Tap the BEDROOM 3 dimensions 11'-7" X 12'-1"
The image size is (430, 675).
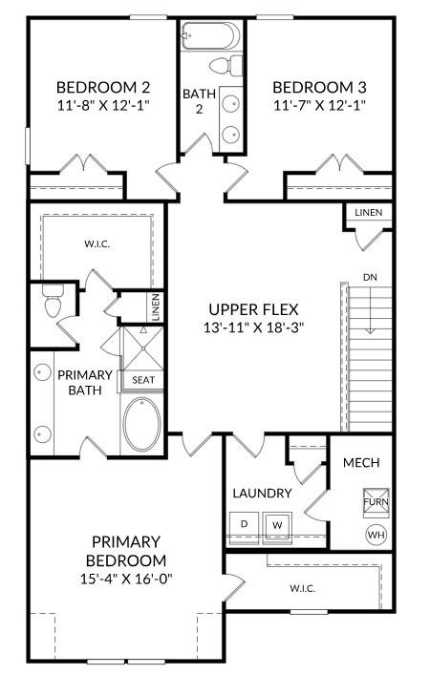tap(319, 104)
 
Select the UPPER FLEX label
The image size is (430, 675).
tap(254, 308)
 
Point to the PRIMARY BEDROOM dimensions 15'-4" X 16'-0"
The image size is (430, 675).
tap(126, 579)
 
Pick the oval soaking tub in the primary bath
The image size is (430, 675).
tap(142, 424)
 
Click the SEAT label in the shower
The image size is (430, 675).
tap(143, 380)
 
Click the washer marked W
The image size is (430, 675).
tap(278, 525)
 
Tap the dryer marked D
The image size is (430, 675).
tap(245, 525)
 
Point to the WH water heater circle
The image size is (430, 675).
tap(375, 535)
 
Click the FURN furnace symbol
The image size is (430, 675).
tap(376, 501)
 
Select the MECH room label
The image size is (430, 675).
tap(361, 463)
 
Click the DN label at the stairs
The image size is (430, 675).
tap(370, 278)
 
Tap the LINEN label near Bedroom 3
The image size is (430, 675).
tap(370, 212)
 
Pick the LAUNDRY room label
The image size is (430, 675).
tap(262, 494)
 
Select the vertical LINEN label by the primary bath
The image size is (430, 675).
tap(155, 307)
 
